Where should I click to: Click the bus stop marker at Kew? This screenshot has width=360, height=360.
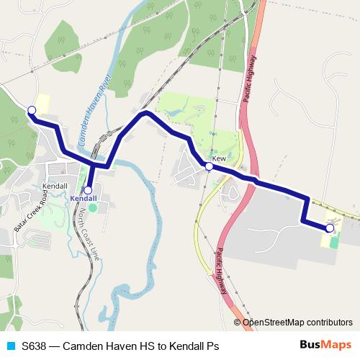(x=209, y=166)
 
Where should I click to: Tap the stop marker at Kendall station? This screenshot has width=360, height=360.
(x=88, y=190)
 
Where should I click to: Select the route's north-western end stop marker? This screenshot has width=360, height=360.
(x=31, y=110)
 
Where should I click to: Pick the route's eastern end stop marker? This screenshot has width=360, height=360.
(x=330, y=228)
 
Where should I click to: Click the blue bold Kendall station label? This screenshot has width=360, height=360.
(x=84, y=198)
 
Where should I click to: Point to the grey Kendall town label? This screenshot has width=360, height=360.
(x=55, y=185)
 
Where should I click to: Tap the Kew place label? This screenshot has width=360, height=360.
(x=219, y=158)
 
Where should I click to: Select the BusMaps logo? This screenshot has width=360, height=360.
(x=325, y=346)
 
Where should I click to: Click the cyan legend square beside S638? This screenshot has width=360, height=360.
(x=10, y=346)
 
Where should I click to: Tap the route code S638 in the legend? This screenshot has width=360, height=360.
(x=35, y=346)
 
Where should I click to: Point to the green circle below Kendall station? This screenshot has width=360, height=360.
(x=91, y=208)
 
